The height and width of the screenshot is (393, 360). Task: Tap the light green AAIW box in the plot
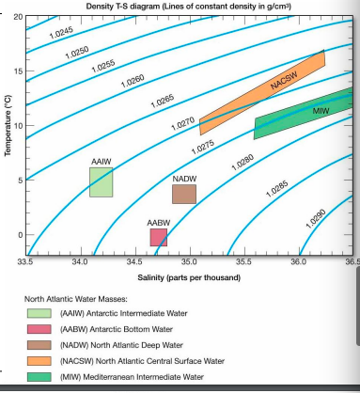coord(101,181)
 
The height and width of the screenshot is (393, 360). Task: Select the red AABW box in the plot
coord(159,237)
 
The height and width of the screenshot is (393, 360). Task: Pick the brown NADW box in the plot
coord(184,194)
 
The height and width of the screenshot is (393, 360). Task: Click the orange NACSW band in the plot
coord(263,92)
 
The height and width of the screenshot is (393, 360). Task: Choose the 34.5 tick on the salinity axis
coord(134,258)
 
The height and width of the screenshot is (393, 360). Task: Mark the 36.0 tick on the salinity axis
coord(298,258)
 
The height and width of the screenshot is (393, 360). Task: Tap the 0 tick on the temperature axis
coord(19,235)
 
